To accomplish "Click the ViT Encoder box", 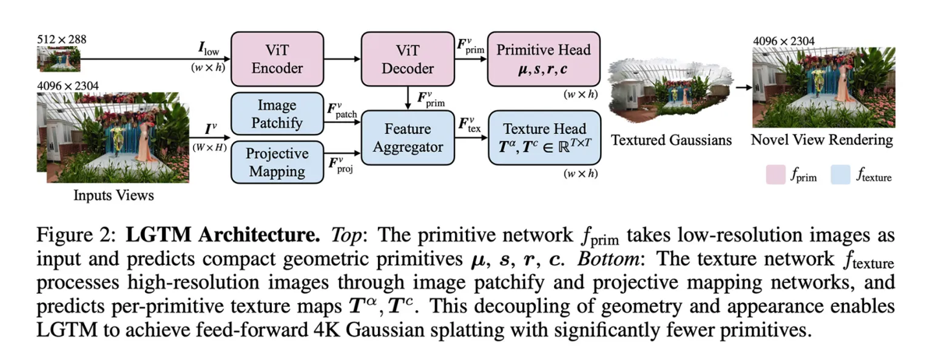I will pos(277,58).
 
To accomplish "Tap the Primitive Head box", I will pos(544,58).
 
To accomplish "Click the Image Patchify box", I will pos(277,114).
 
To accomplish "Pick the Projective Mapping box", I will pos(277,163).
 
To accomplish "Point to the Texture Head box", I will pos(544,137).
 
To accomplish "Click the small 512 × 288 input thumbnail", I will pos(58,59).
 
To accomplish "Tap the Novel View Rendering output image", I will pos(823,87).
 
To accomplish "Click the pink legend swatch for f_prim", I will pos(776,174).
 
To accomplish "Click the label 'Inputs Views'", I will pos(113,194).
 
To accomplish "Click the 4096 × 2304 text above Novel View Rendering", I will pos(784,41).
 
